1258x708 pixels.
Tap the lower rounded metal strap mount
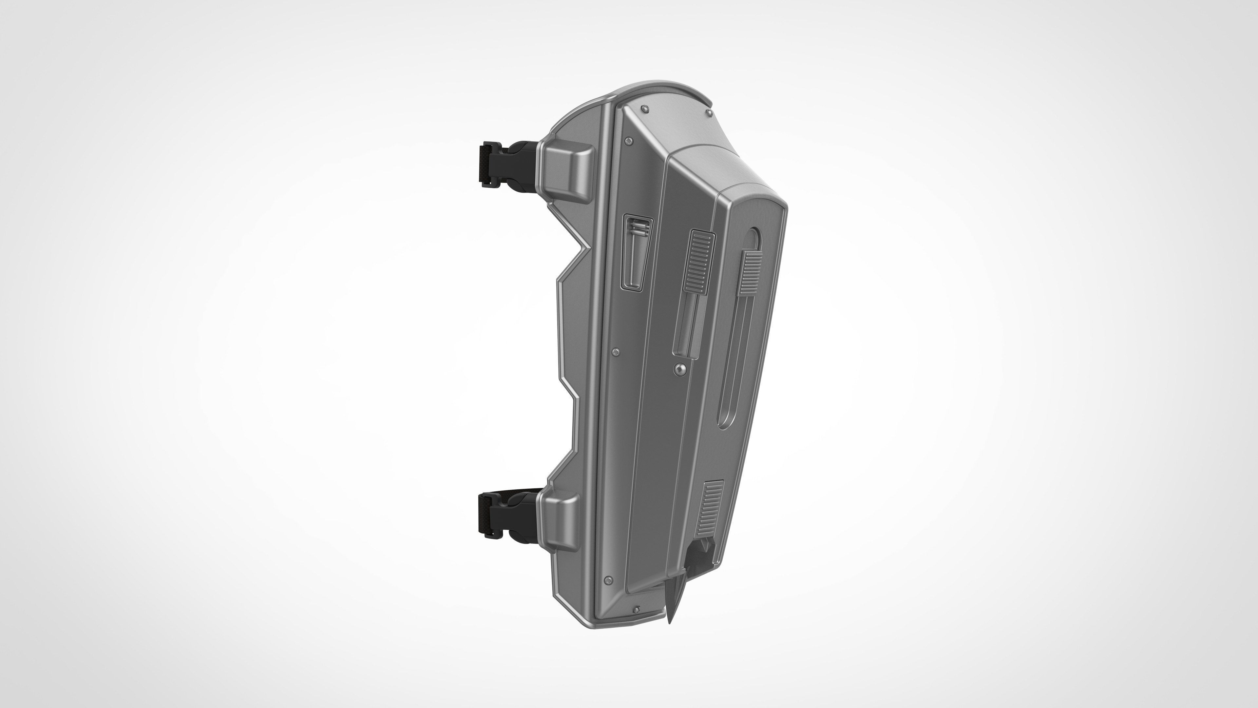tap(560, 522)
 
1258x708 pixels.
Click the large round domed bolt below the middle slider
tap(679, 369)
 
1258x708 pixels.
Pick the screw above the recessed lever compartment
tap(628, 141)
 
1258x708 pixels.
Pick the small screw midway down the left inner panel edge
tap(616, 351)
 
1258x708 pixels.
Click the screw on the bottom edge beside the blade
tap(637, 610)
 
